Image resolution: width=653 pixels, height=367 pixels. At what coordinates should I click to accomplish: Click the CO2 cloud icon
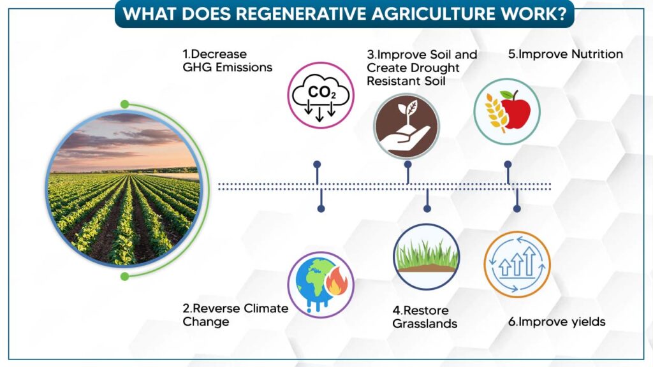[320, 96]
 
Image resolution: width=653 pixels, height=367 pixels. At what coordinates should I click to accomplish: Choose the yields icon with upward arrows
[517, 264]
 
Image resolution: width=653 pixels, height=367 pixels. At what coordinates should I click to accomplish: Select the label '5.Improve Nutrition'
[566, 54]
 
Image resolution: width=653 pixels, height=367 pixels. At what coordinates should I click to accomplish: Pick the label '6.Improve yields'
[557, 322]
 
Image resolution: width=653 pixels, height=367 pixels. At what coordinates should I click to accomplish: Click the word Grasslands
[425, 324]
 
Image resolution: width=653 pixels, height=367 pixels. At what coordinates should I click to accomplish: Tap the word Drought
[435, 68]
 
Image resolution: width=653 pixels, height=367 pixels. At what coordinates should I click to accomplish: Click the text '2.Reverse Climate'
[235, 308]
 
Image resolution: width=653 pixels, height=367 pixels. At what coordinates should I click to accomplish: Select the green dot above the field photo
[124, 104]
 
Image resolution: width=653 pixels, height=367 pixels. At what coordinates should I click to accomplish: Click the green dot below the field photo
[124, 277]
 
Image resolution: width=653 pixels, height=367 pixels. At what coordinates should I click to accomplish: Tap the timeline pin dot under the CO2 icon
[318, 164]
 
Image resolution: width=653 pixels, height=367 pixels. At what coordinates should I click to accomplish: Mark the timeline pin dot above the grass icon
[427, 208]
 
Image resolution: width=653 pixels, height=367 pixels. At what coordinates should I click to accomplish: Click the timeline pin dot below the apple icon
[508, 164]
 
